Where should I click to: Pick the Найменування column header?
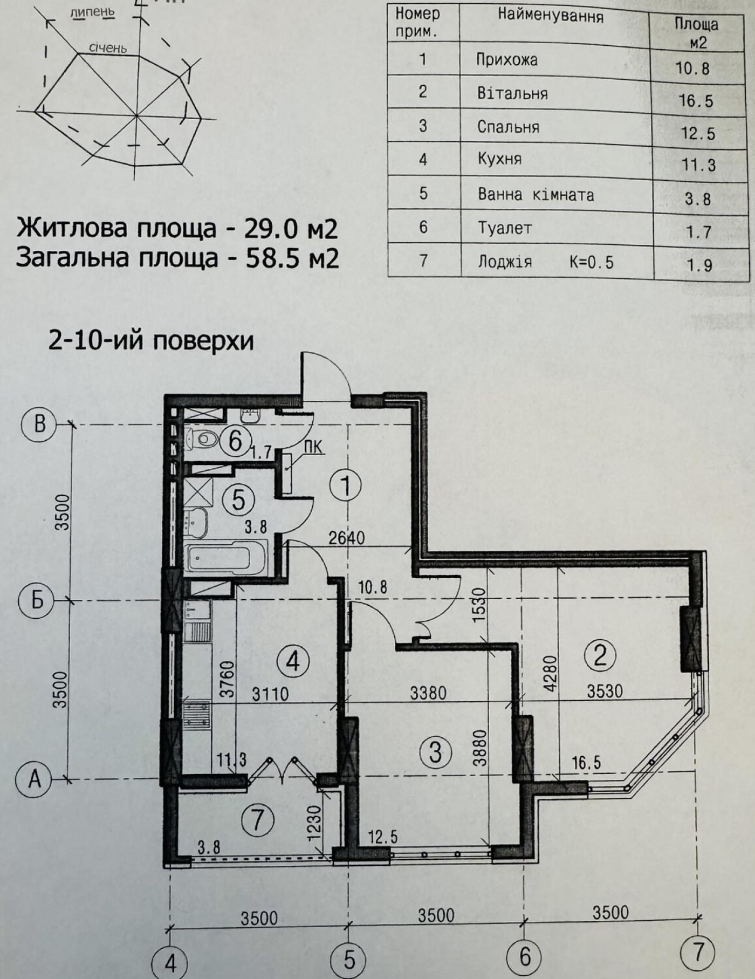[551, 16]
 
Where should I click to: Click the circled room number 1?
[346, 485]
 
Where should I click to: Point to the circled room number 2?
[600, 655]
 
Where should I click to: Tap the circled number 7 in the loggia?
[257, 820]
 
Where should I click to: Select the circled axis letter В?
[39, 425]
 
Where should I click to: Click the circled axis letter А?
[34, 778]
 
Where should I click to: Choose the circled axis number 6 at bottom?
[525, 956]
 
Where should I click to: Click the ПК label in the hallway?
[313, 447]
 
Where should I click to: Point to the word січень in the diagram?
[108, 48]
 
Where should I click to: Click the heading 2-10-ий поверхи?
[151, 341]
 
